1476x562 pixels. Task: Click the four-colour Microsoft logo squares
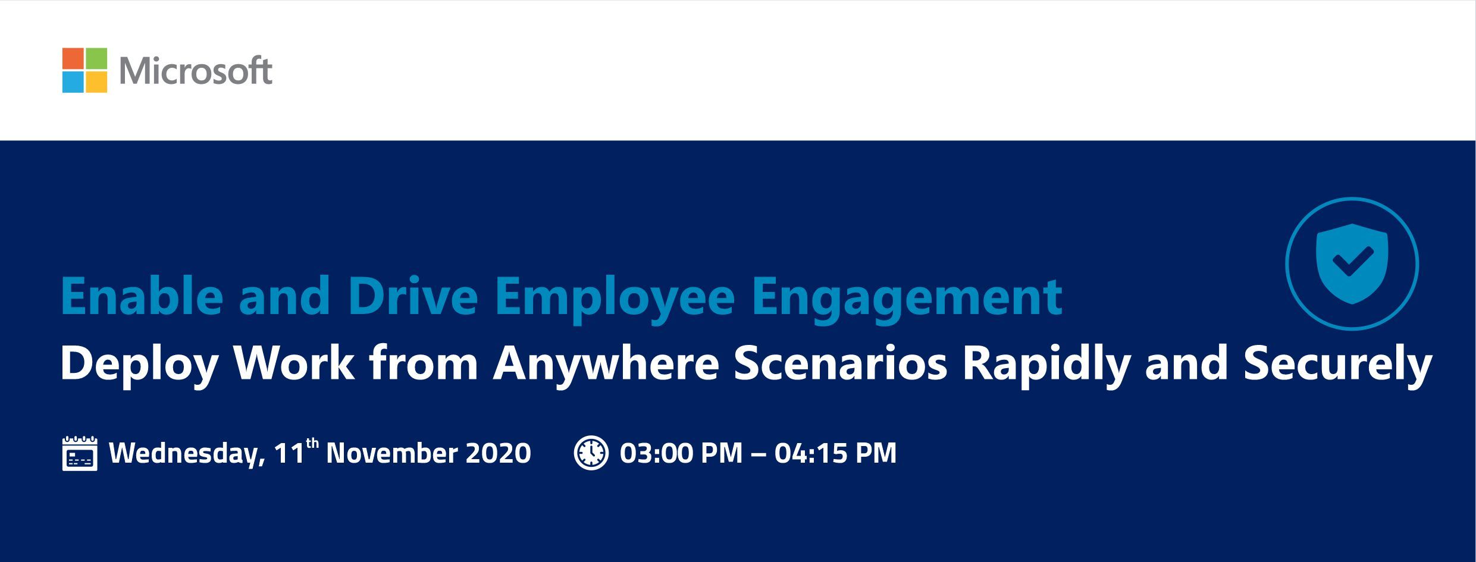pyautogui.click(x=84, y=70)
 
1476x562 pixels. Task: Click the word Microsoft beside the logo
pyautogui.click(x=196, y=71)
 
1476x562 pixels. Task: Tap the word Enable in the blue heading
pyautogui.click(x=142, y=296)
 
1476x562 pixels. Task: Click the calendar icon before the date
pyautogui.click(x=80, y=453)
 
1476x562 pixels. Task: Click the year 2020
pyautogui.click(x=499, y=453)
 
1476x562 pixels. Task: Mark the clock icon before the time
pyautogui.click(x=591, y=453)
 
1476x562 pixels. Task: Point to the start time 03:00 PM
pyautogui.click(x=681, y=453)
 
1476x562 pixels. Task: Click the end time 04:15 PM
pyautogui.click(x=835, y=453)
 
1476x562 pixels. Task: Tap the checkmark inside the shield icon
pyautogui.click(x=1352, y=262)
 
